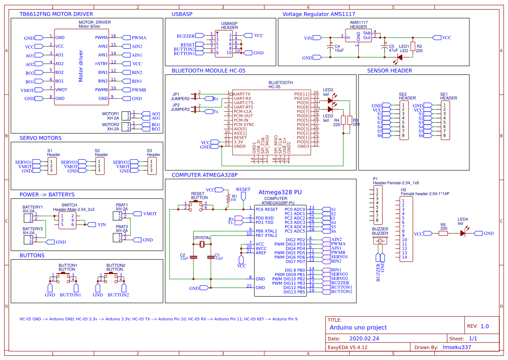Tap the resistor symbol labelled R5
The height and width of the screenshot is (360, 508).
tap(443, 233)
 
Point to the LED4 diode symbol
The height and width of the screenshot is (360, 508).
tap(463, 233)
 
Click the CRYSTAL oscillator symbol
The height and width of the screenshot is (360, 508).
tap(202, 244)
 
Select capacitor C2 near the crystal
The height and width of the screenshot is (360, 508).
tap(194, 257)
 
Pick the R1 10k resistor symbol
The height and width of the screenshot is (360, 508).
tap(228, 198)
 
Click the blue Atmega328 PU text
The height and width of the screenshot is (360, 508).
tap(280, 192)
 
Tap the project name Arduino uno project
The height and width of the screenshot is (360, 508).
tap(358, 327)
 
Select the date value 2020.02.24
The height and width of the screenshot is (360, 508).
tap(364, 338)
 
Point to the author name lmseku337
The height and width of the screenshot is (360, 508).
tap(457, 347)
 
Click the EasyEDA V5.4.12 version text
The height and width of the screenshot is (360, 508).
tap(348, 347)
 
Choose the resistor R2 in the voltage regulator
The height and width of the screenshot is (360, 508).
tap(413, 47)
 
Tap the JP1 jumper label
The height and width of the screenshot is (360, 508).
tap(176, 94)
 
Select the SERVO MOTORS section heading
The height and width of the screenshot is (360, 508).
tap(40, 138)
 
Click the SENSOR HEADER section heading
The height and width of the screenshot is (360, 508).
tap(389, 70)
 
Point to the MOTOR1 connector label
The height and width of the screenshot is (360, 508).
tap(110, 113)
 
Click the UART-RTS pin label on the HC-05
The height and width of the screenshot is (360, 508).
tap(243, 107)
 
